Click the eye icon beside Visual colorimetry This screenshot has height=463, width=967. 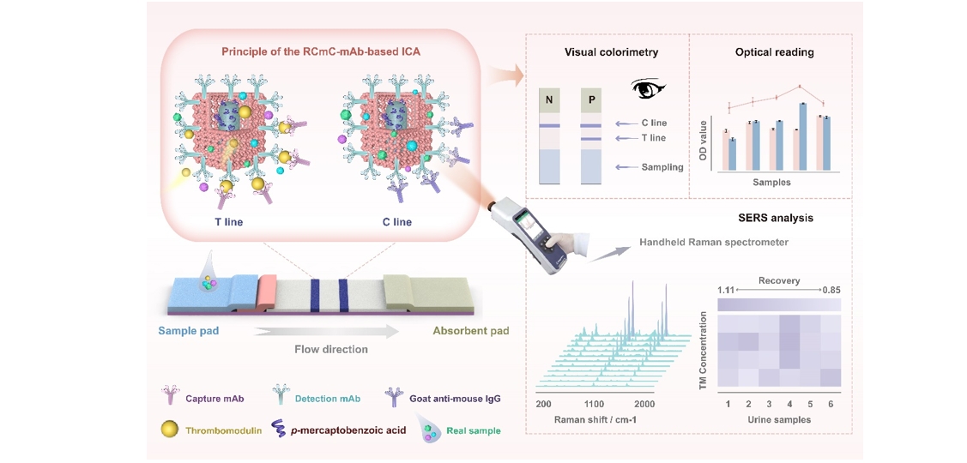645,89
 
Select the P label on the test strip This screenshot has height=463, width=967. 591,99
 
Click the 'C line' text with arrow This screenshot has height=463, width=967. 654,123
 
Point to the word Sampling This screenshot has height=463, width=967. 662,167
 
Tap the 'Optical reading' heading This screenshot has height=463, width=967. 774,52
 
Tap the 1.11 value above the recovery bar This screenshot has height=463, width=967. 724,290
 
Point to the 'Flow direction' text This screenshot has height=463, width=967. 330,350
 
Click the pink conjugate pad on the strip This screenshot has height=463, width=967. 267,289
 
